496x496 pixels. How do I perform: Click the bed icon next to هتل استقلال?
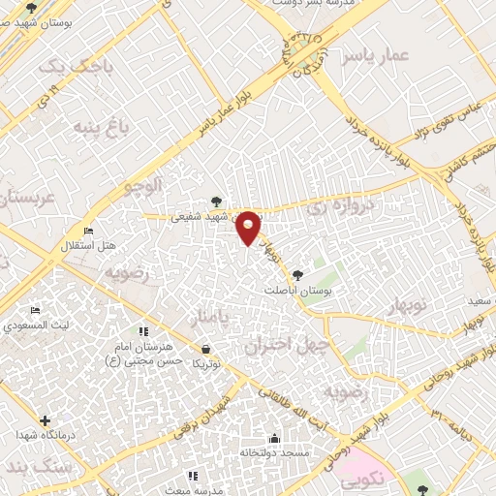point(89,232)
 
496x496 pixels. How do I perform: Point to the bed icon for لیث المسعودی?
point(35,311)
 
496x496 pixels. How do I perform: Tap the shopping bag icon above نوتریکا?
point(205,349)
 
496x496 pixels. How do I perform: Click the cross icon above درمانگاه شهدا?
point(45,419)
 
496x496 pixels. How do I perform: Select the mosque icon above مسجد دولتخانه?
point(275,437)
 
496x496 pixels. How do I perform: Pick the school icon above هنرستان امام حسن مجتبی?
point(144,331)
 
